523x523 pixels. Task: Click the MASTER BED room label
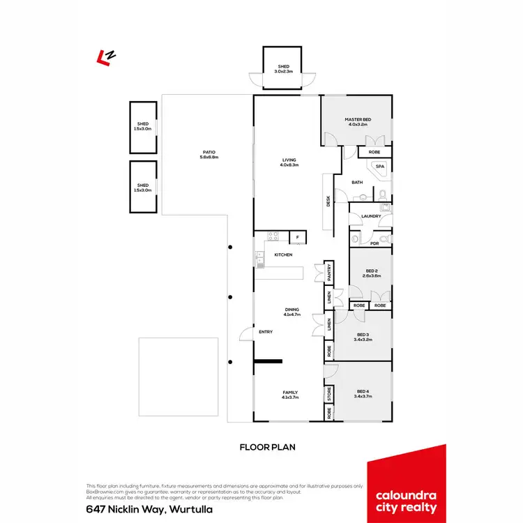click(358, 120)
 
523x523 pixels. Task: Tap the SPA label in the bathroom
click(380, 167)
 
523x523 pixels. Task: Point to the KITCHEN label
click(283, 255)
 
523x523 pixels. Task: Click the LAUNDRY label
click(371, 216)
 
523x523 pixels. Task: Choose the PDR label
click(374, 243)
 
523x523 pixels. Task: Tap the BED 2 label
click(371, 271)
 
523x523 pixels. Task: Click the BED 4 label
click(363, 391)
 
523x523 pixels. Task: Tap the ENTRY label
click(266, 332)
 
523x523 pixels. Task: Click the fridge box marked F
click(298, 238)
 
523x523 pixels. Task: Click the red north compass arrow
click(106, 56)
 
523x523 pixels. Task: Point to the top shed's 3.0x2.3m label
click(282, 70)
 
